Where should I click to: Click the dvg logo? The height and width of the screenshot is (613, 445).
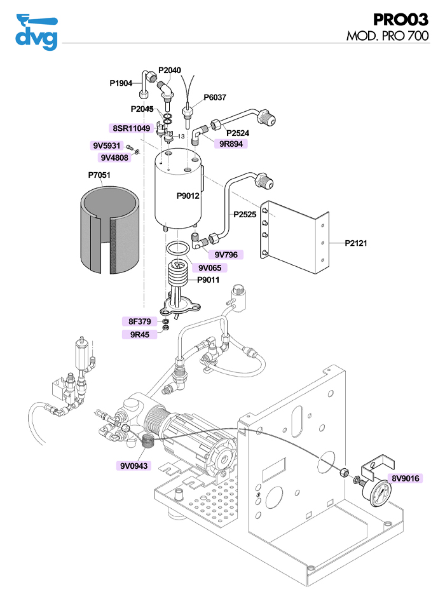point(36,31)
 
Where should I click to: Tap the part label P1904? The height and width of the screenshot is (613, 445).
point(121,83)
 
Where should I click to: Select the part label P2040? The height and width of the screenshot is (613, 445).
point(170,70)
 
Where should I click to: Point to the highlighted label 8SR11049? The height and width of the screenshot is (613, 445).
point(131,128)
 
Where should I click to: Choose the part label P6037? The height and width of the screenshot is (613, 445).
point(215,98)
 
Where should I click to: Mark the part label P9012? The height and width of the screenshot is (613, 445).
point(188,196)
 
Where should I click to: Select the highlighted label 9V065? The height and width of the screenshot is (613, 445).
point(209,267)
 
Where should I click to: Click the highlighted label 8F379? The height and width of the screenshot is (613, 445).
point(139,321)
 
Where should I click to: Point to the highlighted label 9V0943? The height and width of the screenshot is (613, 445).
point(133,466)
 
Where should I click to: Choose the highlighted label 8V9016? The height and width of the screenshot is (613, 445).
point(406,478)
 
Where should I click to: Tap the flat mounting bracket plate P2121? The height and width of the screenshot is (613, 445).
point(296,238)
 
